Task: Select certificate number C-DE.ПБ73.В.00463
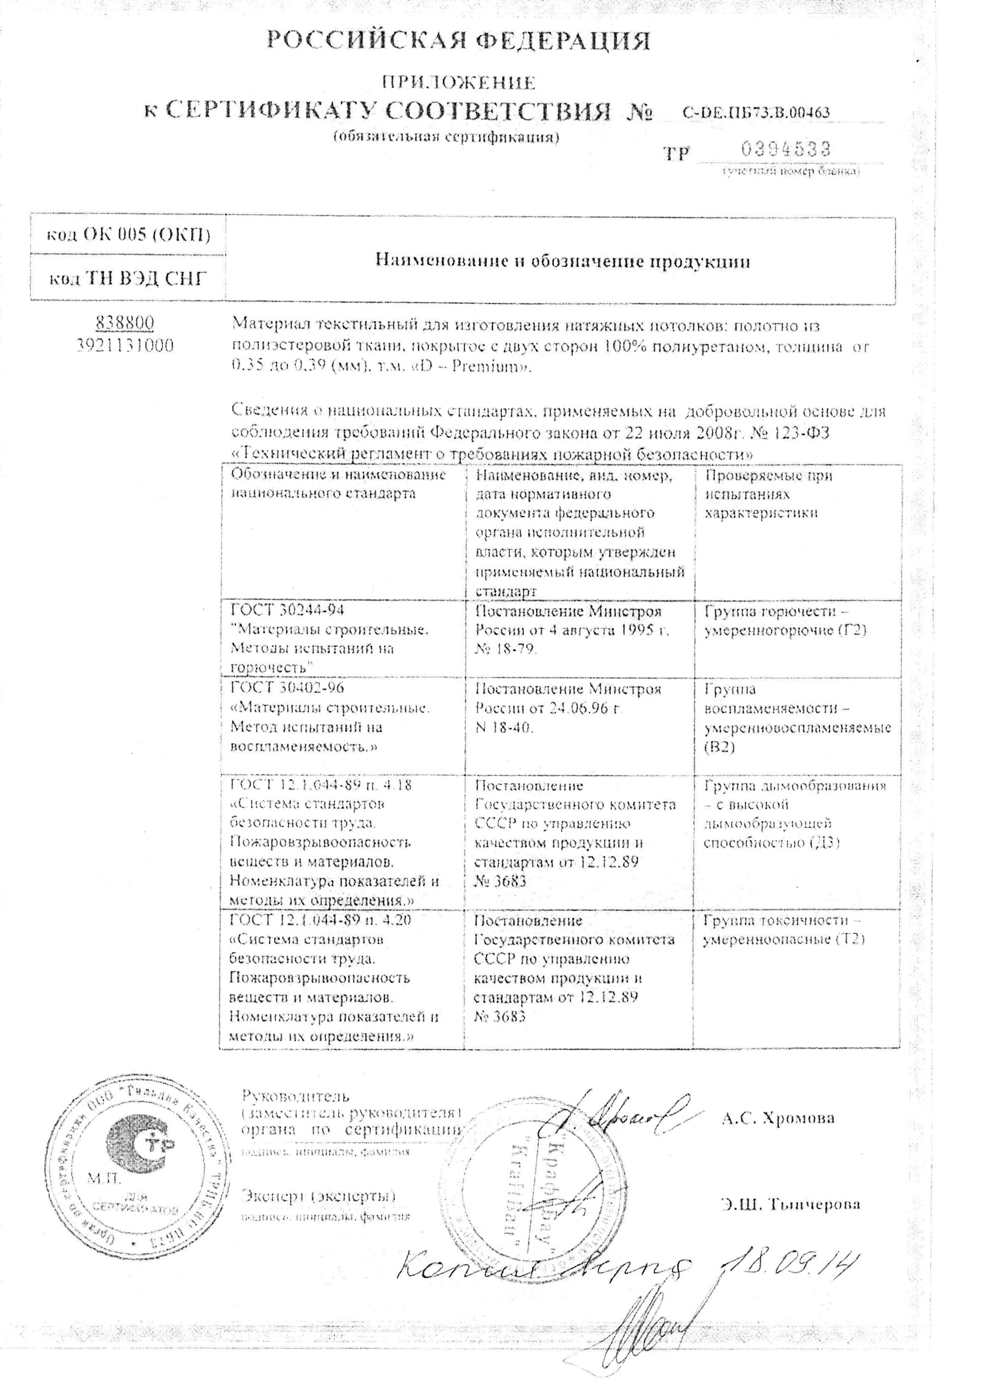point(756,112)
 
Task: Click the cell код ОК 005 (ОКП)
point(129,234)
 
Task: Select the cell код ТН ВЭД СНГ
point(129,279)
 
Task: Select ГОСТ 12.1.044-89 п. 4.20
point(321,920)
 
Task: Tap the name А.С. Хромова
point(777,1118)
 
